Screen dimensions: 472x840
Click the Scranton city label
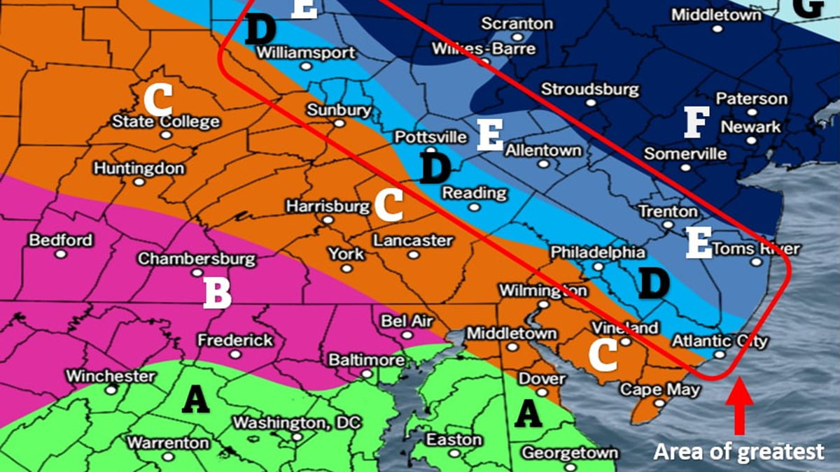[517, 23]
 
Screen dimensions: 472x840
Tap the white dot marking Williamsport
[306, 66]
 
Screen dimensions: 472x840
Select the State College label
[167, 122]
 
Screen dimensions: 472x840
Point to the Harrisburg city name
[328, 207]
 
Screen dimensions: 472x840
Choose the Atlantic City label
[720, 341]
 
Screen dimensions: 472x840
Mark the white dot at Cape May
[659, 403]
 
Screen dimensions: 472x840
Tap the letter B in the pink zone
[217, 294]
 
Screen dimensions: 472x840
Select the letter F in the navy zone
[696, 122]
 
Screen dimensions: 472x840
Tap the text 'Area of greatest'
[738, 452]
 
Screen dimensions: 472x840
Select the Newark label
[750, 127]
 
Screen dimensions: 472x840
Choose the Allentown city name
[543, 150]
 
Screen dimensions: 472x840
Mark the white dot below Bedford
[61, 254]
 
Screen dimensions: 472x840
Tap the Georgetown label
[570, 452]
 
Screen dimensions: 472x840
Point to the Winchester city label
[111, 376]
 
